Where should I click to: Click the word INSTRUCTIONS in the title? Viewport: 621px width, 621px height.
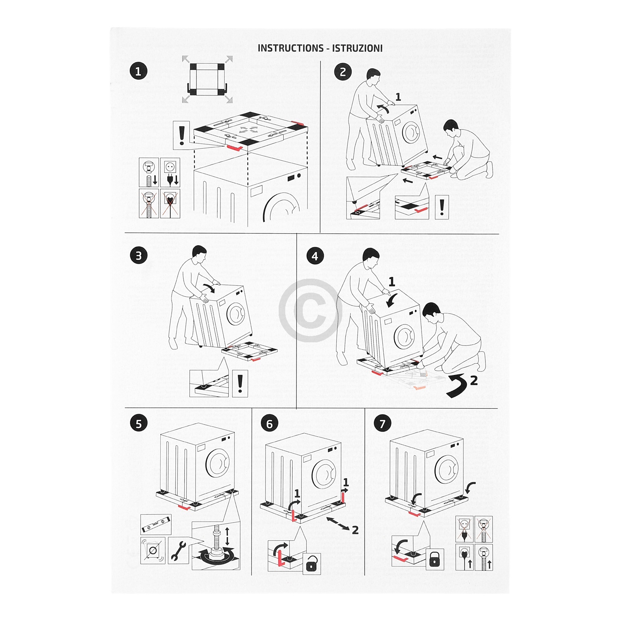290,48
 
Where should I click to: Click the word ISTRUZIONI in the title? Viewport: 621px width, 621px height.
357,48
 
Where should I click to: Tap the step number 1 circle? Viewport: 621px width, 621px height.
139,71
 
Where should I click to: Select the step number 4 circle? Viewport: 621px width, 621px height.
315,256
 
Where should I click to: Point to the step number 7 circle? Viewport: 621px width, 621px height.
382,424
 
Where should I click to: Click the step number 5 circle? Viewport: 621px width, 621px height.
139,424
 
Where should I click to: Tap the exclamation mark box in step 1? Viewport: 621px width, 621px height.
181,135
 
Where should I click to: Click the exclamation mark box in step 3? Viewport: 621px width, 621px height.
240,383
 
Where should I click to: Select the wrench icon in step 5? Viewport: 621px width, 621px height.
178,551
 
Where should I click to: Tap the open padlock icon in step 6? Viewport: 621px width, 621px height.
312,563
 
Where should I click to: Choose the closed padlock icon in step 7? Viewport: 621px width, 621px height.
434,559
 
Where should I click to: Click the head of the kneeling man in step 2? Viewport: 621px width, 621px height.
451,127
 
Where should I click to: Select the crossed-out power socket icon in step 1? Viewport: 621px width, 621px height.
170,203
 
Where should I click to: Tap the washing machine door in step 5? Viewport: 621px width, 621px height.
218,463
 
